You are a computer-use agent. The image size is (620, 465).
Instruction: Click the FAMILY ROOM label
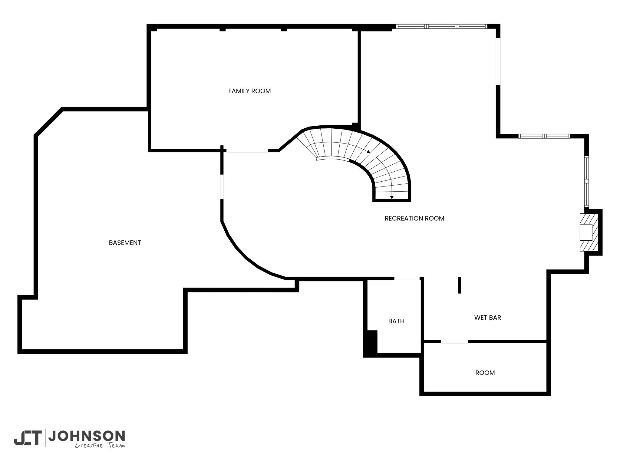click(x=249, y=91)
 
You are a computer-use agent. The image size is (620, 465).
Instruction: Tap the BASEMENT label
click(x=125, y=243)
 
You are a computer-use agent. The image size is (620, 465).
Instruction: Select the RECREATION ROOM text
click(x=414, y=218)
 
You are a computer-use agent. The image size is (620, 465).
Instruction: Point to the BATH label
click(x=396, y=321)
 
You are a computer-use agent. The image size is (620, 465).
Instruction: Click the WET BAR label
click(x=488, y=318)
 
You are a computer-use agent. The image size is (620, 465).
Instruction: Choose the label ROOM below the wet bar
click(x=485, y=373)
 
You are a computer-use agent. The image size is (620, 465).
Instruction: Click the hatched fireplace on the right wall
click(x=589, y=232)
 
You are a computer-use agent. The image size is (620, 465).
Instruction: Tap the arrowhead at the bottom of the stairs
click(x=392, y=198)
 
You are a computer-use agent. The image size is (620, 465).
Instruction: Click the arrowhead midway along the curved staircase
click(x=368, y=151)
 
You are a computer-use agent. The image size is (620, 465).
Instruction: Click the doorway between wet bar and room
click(x=454, y=342)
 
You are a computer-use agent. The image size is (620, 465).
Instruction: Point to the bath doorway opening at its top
click(x=407, y=278)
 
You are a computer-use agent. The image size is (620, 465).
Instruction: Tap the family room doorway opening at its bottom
click(x=247, y=150)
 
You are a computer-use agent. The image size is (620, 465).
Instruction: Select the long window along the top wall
click(x=442, y=26)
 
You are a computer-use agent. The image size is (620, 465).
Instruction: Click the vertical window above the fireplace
click(x=587, y=181)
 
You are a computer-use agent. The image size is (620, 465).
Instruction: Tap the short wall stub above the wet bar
click(x=459, y=285)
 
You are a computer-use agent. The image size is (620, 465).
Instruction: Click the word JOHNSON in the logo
click(x=87, y=436)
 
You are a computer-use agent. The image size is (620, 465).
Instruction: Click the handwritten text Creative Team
click(x=100, y=445)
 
